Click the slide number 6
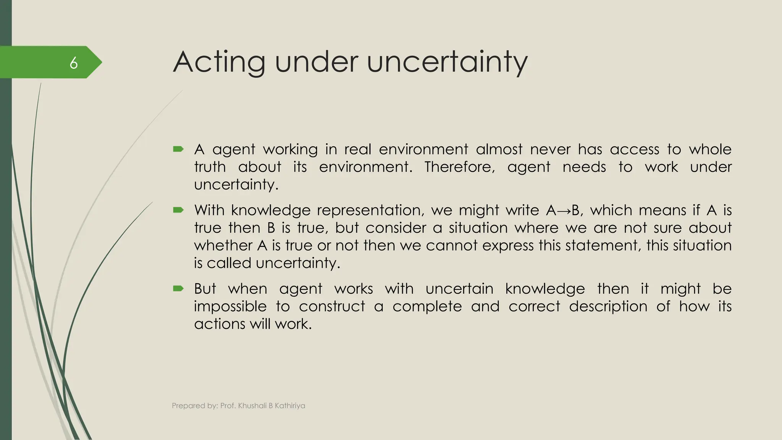74,63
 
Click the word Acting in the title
219,62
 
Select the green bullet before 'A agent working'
178,149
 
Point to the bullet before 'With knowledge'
178,210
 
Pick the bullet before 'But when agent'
178,288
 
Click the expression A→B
563,210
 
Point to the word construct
332,306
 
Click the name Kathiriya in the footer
290,406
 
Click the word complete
427,306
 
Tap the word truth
210,167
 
